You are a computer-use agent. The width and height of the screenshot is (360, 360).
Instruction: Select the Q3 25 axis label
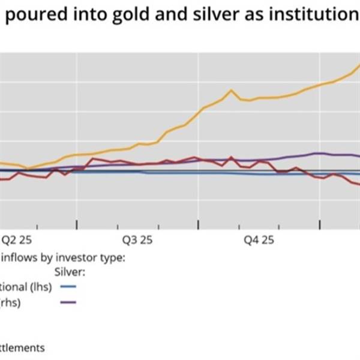click(x=137, y=240)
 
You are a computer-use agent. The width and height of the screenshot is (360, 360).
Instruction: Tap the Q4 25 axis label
click(x=259, y=240)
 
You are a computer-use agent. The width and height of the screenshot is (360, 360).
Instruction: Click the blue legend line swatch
click(x=70, y=287)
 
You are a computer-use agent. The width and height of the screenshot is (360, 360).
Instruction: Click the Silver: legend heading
click(x=70, y=272)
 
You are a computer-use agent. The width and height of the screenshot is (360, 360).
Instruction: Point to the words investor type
click(x=90, y=258)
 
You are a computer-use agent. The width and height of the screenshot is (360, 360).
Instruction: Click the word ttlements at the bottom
click(x=22, y=347)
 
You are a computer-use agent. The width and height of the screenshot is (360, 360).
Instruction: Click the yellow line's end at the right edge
click(x=358, y=65)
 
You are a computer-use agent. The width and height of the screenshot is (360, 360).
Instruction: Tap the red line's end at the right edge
click(x=358, y=184)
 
